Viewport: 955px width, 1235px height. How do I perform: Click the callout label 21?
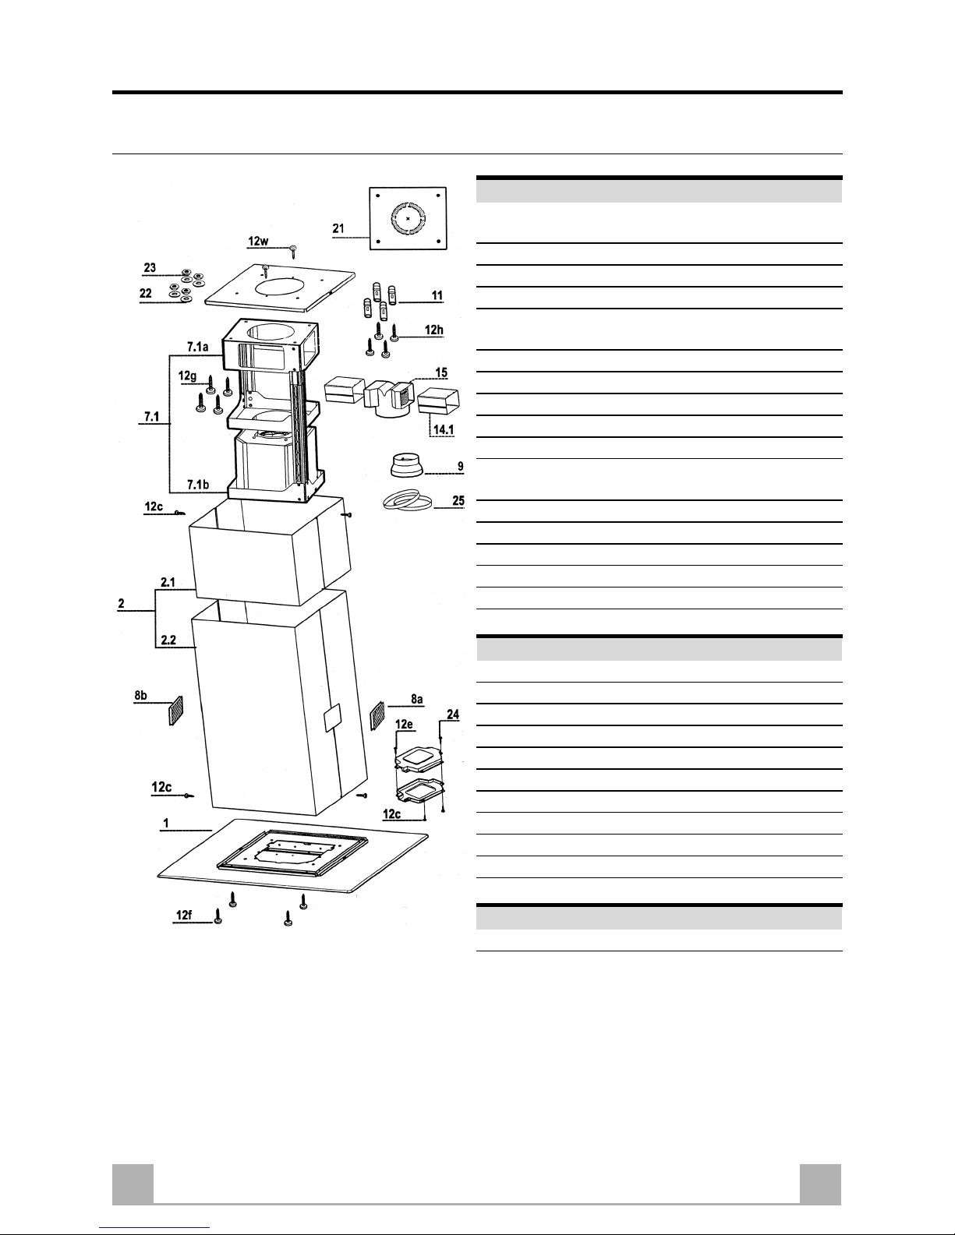click(x=338, y=228)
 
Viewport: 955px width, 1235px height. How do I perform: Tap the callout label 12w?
click(x=258, y=242)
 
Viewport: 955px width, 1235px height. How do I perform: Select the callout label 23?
click(x=150, y=268)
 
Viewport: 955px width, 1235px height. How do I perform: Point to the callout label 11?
click(x=437, y=295)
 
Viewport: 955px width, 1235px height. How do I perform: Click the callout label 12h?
click(x=433, y=330)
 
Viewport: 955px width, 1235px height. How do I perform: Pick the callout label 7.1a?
click(x=198, y=347)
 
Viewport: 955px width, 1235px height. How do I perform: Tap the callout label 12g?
click(x=188, y=376)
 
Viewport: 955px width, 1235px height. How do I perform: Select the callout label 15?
click(x=442, y=372)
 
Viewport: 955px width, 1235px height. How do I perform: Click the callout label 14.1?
click(x=444, y=429)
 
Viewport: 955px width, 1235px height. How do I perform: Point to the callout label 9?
click(x=461, y=467)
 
